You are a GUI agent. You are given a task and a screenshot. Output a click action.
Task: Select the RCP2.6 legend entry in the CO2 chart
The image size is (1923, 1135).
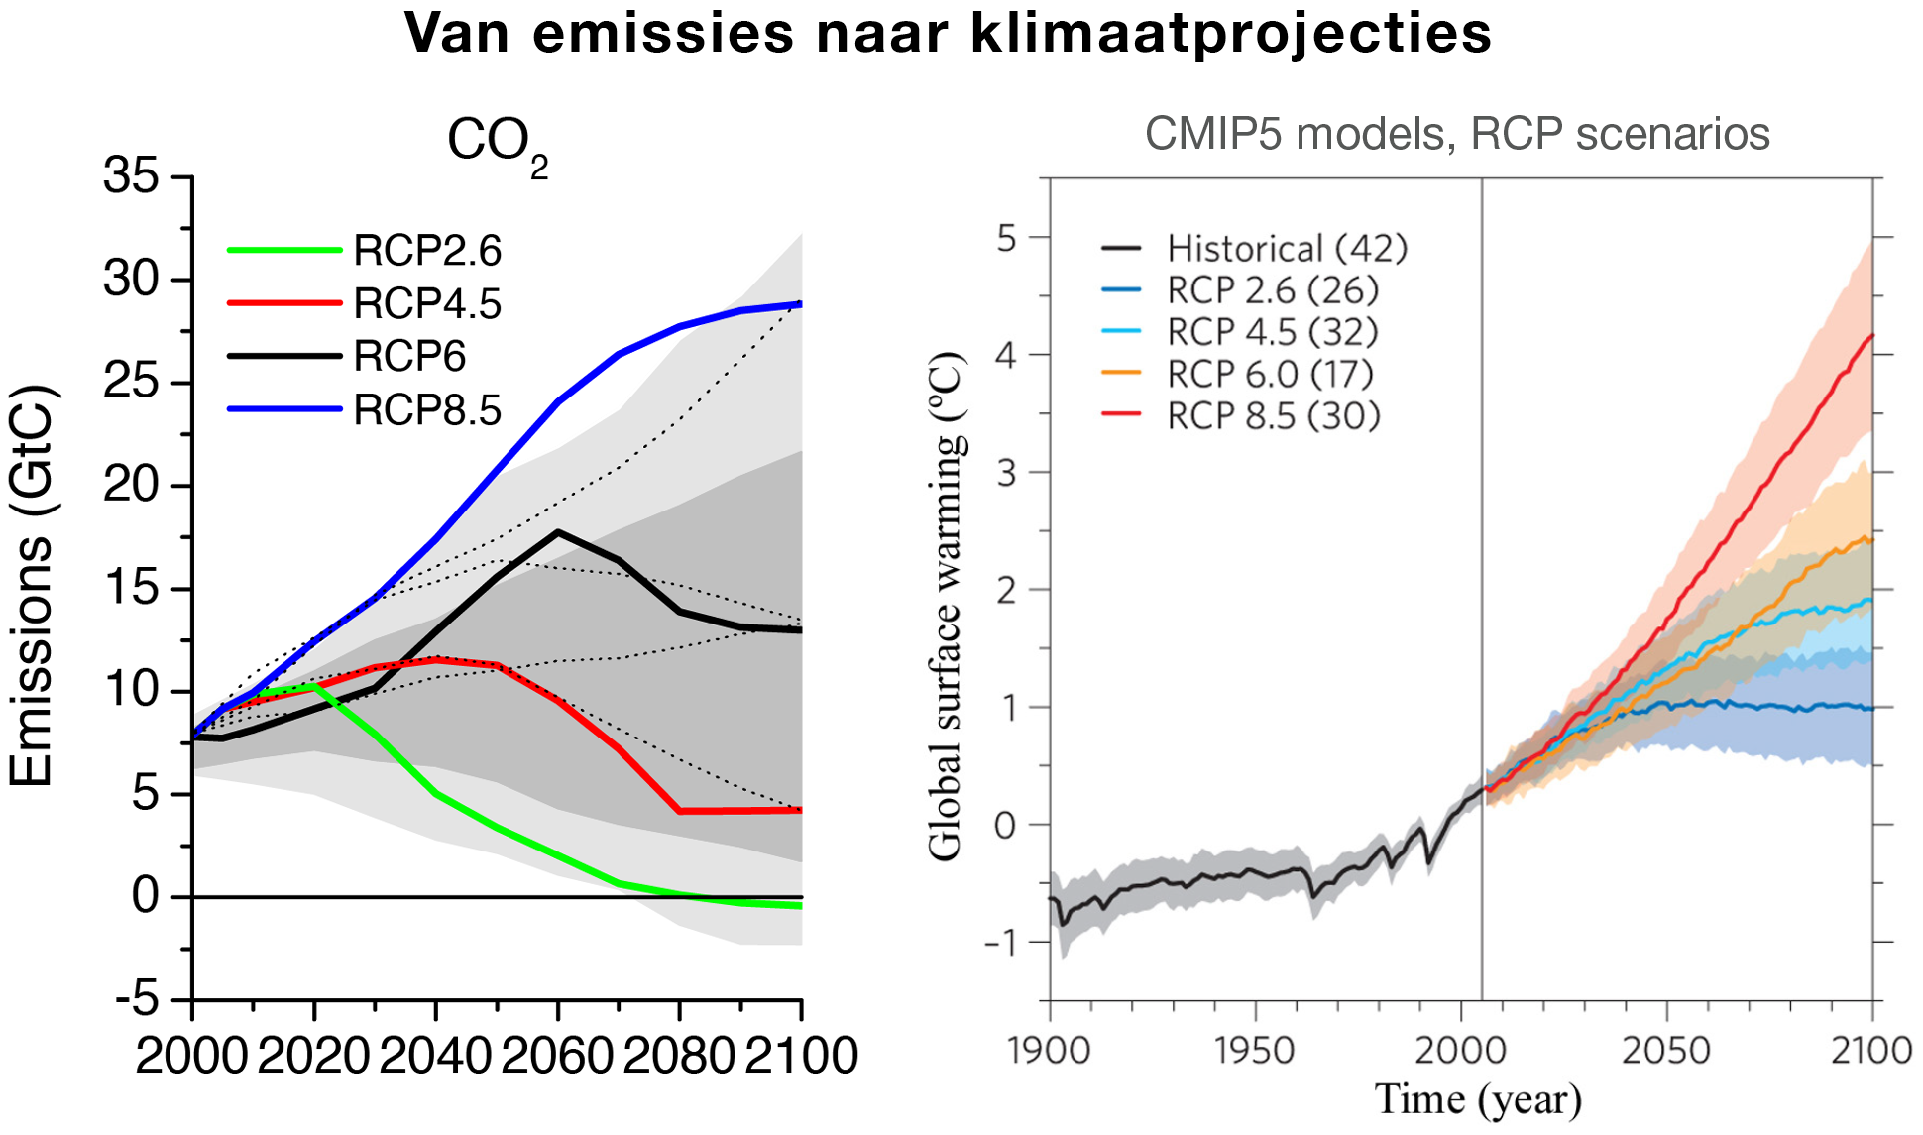[x=365, y=251]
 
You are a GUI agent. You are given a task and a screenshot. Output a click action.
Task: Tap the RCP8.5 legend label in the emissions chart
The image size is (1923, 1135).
[x=427, y=409]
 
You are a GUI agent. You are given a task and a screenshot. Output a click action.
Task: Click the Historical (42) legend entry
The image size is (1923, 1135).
[x=1255, y=248]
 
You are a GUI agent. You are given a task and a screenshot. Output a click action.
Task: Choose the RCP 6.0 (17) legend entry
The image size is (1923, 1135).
[x=1238, y=374]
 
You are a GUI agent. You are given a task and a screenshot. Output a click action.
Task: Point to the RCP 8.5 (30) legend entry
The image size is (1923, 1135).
[x=1241, y=415]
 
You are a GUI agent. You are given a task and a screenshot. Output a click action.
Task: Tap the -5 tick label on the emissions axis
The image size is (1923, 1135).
[x=137, y=999]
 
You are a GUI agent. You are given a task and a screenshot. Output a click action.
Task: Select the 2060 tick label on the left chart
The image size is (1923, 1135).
[x=557, y=1056]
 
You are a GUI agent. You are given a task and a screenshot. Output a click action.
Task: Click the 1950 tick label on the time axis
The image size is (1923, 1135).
[x=1255, y=1051]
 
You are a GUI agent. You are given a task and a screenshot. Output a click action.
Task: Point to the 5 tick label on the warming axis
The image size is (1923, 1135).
[x=1007, y=238]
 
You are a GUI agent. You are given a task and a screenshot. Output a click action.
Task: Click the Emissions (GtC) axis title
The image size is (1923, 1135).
[x=32, y=586]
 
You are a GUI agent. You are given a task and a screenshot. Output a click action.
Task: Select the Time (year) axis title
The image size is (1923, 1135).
[x=1478, y=1099]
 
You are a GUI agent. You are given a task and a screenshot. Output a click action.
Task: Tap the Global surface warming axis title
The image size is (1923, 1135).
[x=946, y=607]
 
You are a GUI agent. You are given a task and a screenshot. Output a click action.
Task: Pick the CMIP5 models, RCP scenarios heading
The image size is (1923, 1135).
[x=1457, y=134]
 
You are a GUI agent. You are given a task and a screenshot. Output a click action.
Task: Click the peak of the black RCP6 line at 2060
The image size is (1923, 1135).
[x=558, y=532]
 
